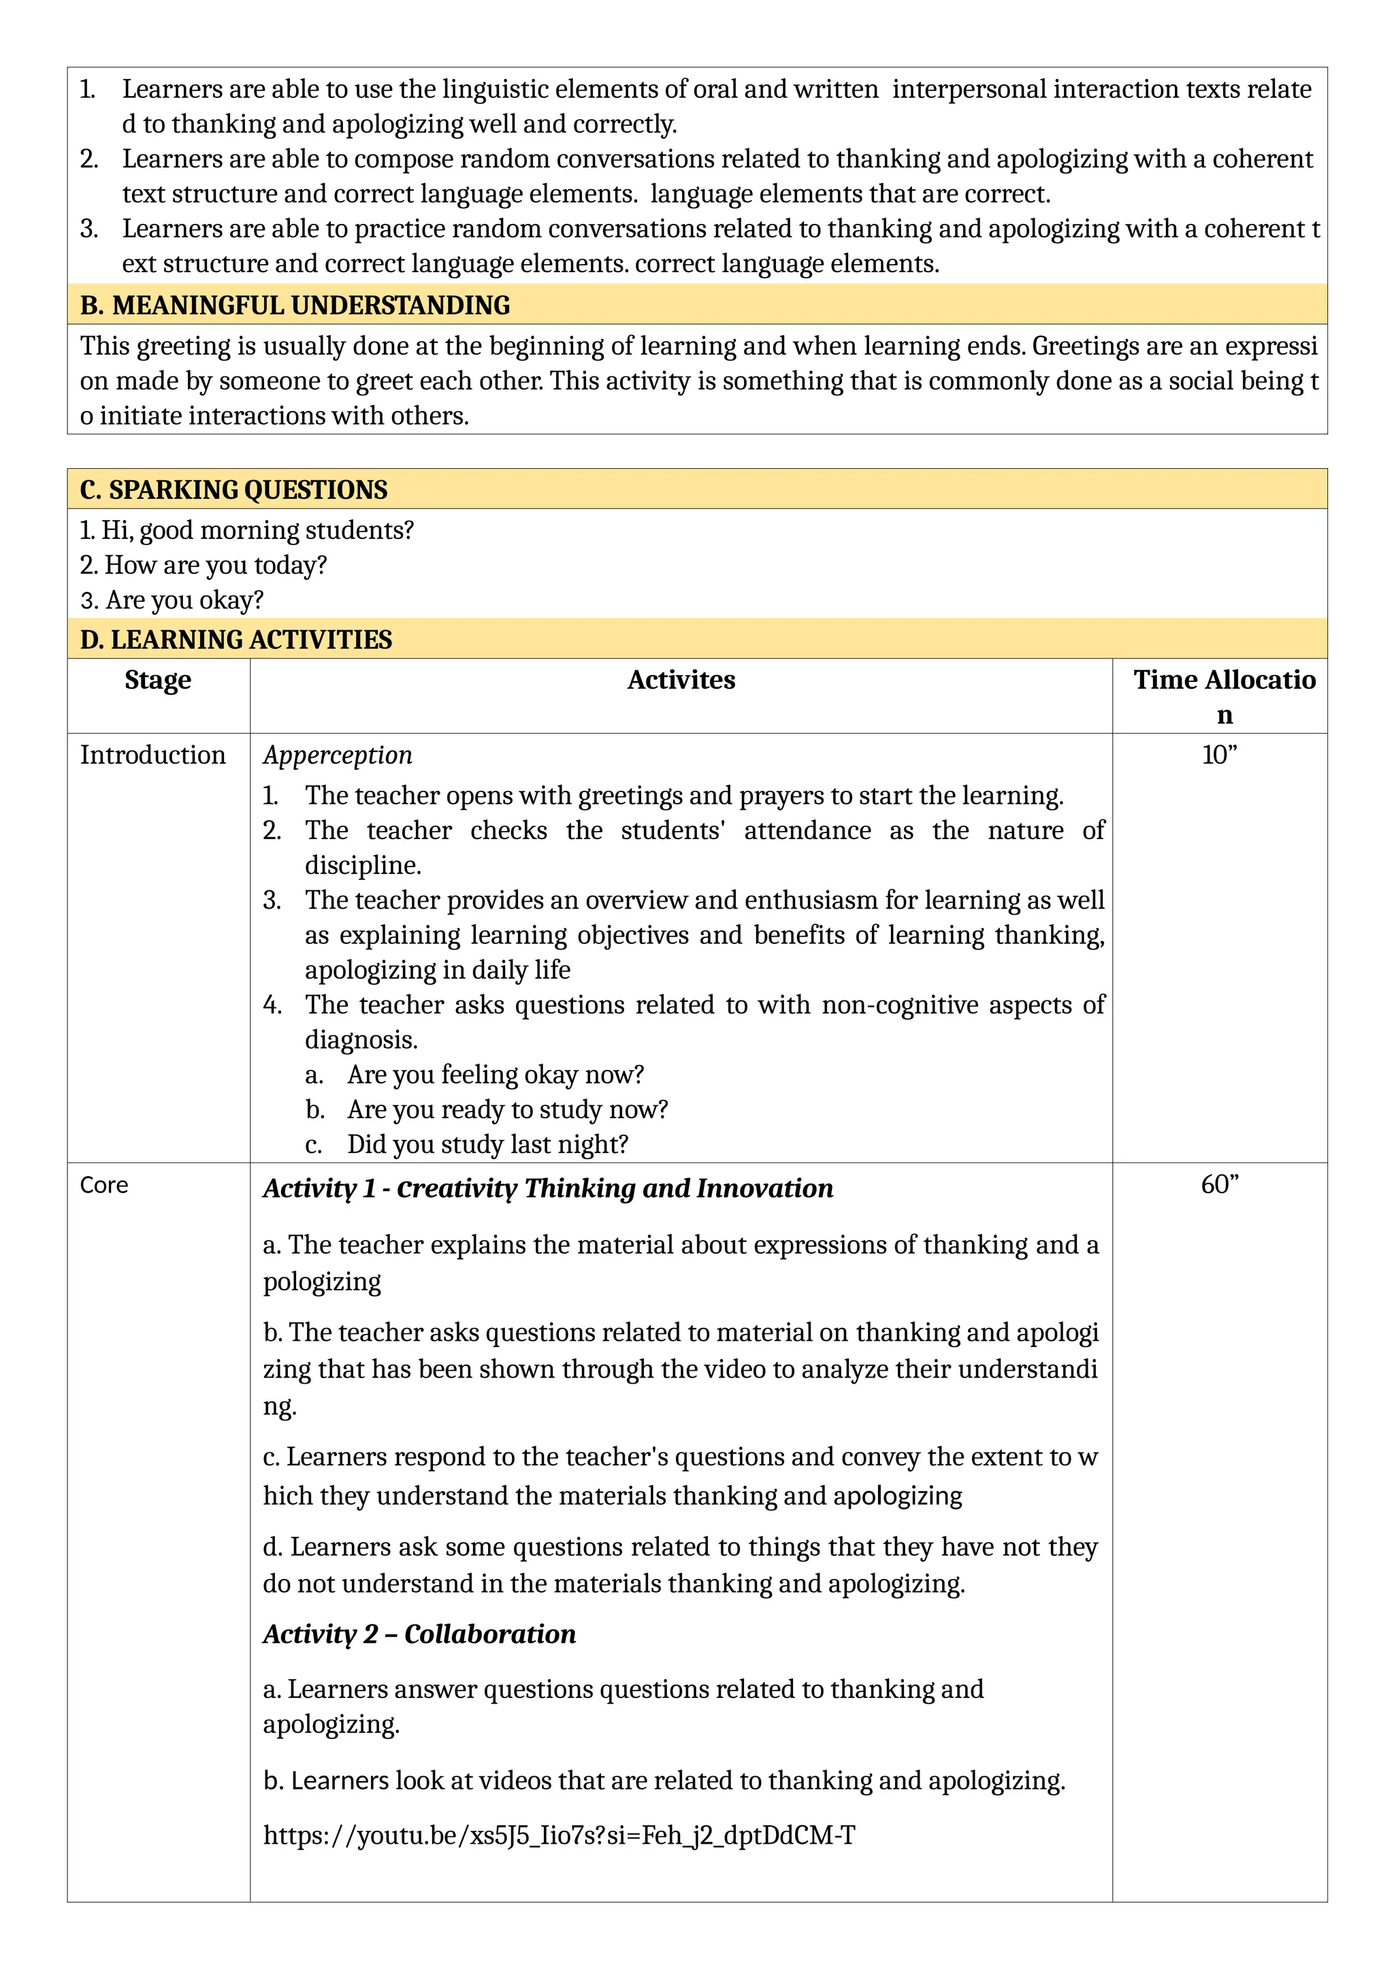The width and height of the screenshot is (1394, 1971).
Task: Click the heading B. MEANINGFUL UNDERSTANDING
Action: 295,305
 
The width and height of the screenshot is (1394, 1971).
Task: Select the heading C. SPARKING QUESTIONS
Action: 233,489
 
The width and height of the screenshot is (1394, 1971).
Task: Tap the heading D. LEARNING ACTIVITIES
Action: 236,640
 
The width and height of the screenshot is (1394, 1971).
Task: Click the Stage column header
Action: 158,680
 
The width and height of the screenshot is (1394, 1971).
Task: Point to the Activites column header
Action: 681,680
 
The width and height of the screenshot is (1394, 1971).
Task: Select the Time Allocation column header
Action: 1223,696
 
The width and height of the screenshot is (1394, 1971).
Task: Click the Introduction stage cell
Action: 152,755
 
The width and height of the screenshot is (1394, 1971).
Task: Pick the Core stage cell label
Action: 104,1185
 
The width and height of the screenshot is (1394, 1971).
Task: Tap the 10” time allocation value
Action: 1219,755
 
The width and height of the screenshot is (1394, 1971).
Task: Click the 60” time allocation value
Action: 1219,1185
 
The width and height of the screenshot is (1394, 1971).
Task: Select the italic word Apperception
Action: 338,755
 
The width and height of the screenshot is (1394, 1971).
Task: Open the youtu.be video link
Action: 559,1836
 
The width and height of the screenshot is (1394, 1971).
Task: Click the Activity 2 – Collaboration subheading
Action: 419,1633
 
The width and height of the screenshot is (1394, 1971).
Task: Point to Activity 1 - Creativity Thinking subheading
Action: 548,1188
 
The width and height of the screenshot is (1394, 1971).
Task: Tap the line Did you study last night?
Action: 487,1144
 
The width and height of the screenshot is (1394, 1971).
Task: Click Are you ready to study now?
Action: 506,1109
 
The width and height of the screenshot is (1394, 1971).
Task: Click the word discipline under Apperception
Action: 362,865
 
